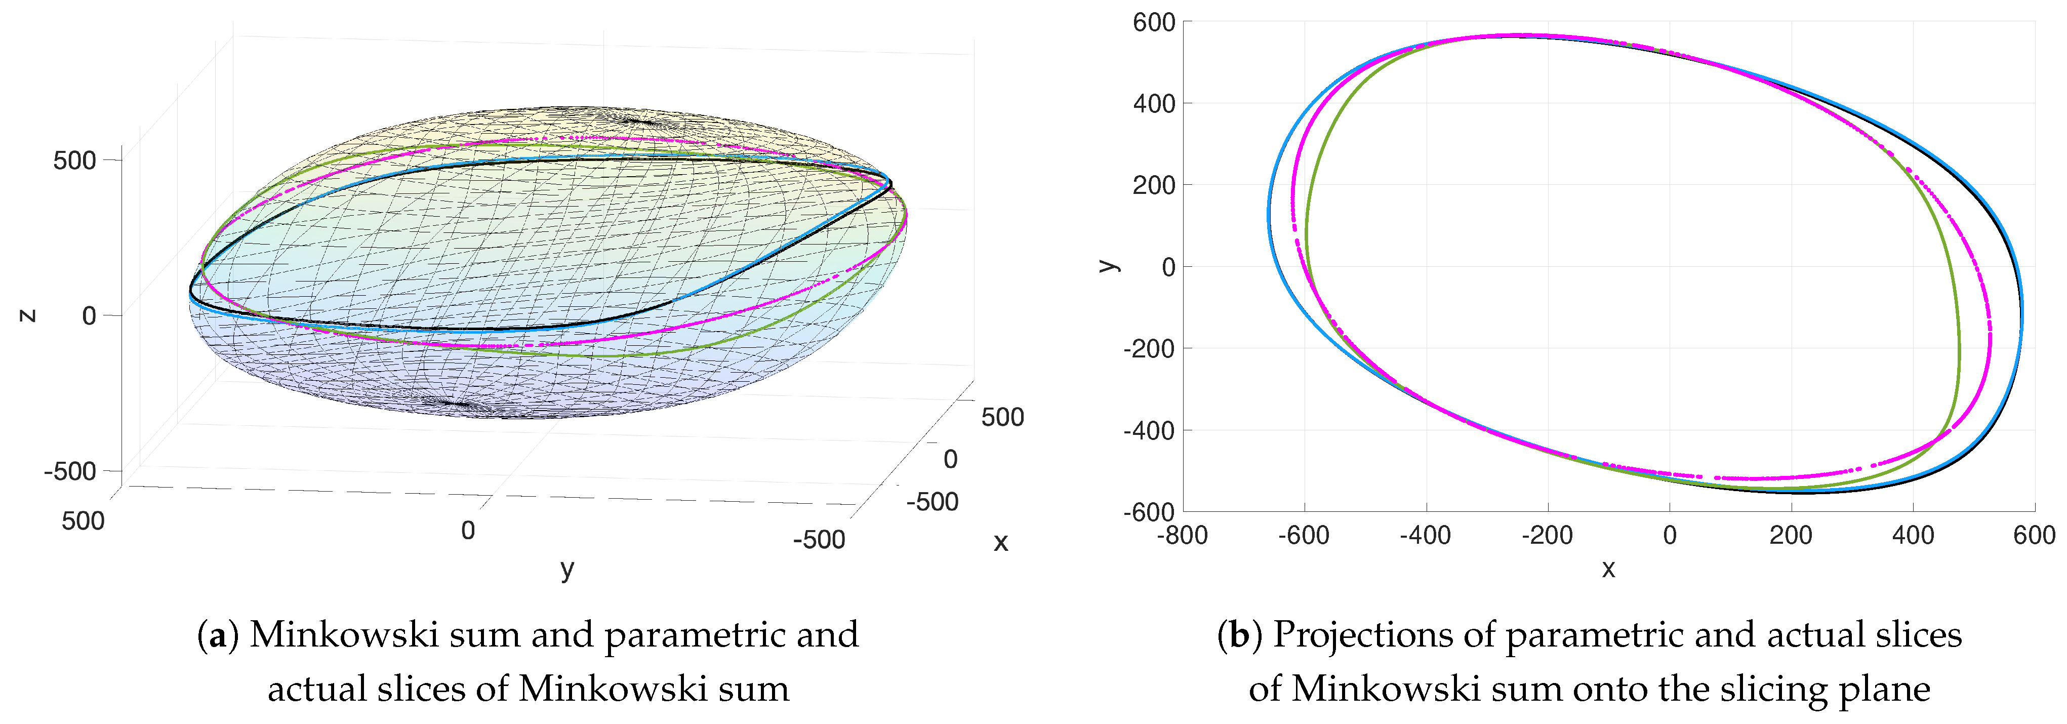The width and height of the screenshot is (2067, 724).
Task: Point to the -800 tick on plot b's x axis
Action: (1182, 535)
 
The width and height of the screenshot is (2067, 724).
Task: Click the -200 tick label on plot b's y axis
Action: (1149, 349)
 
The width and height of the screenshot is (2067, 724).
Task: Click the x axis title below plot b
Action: (1608, 569)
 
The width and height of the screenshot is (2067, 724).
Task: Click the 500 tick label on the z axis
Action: (74, 160)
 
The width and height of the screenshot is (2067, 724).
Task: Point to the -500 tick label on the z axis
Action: (70, 471)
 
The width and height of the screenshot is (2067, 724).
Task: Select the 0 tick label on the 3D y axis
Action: (468, 531)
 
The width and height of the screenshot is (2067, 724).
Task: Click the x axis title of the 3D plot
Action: (1001, 543)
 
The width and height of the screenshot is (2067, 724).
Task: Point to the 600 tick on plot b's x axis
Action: (2034, 535)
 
